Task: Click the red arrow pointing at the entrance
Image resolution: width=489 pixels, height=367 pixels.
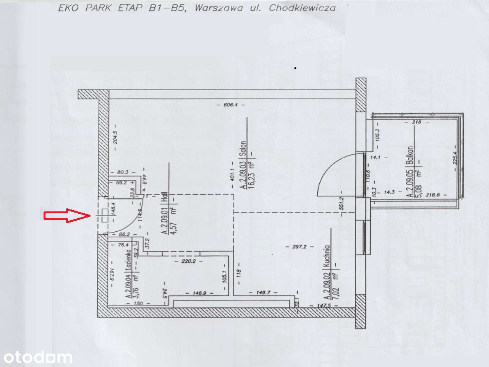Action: [x=67, y=216]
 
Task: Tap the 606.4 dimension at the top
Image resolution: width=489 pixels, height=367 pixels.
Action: [x=231, y=105]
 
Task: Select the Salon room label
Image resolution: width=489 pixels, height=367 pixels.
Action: [x=243, y=149]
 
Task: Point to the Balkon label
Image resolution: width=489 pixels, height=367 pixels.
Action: [x=410, y=155]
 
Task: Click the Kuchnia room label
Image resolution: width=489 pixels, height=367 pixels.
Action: [x=326, y=256]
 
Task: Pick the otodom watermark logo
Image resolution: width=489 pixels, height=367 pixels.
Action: [x=36, y=357]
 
